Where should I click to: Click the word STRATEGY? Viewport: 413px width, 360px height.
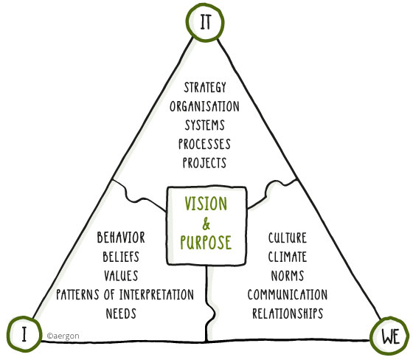click(x=205, y=87)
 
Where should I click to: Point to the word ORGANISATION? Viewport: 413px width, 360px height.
click(x=205, y=106)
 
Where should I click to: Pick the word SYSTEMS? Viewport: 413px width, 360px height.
click(x=205, y=125)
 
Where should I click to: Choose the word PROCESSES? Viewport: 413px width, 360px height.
click(x=204, y=144)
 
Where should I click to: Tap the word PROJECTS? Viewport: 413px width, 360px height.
click(x=205, y=162)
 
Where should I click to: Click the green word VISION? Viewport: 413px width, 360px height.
click(x=206, y=204)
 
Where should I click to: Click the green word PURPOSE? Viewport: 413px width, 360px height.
click(x=206, y=242)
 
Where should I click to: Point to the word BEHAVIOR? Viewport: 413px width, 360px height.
click(x=121, y=238)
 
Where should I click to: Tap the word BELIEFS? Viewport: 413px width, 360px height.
click(x=121, y=257)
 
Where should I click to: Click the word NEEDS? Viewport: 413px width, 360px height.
click(x=121, y=314)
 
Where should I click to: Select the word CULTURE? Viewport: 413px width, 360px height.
click(x=288, y=238)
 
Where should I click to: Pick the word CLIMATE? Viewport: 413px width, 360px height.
click(x=288, y=257)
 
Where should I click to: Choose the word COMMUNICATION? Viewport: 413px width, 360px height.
click(x=288, y=294)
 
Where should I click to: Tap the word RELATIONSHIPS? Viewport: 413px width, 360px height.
click(x=288, y=314)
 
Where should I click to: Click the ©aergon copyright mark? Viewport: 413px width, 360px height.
click(x=63, y=336)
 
